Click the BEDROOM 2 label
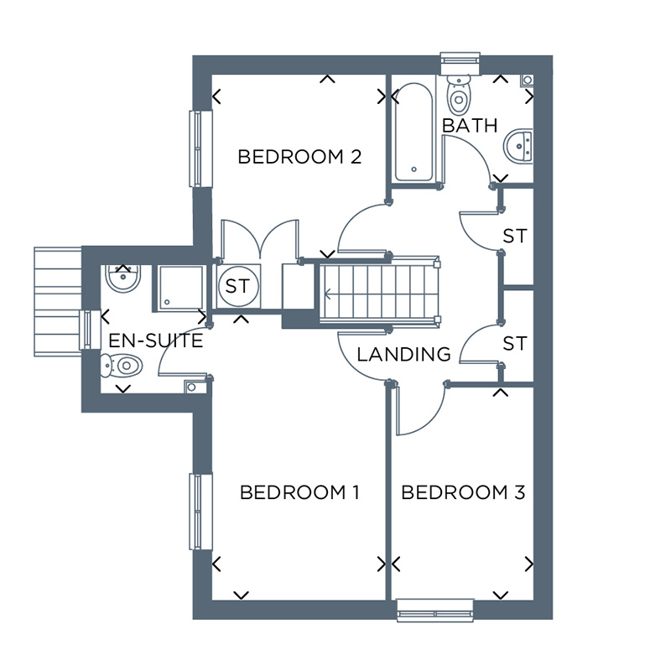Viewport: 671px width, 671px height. (299, 157)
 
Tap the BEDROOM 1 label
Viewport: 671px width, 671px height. (299, 492)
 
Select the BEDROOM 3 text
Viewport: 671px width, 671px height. (463, 492)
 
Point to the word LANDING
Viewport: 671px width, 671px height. (403, 354)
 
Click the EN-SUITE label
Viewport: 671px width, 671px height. (156, 341)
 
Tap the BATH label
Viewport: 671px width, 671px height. (470, 126)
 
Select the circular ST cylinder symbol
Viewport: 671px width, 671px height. (237, 286)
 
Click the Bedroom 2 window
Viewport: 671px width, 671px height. (196, 149)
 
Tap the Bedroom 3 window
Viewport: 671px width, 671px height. (435, 610)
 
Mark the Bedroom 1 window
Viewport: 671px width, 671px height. (196, 512)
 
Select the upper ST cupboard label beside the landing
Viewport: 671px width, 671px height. (515, 237)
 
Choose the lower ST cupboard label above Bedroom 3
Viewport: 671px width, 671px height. (515, 344)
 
